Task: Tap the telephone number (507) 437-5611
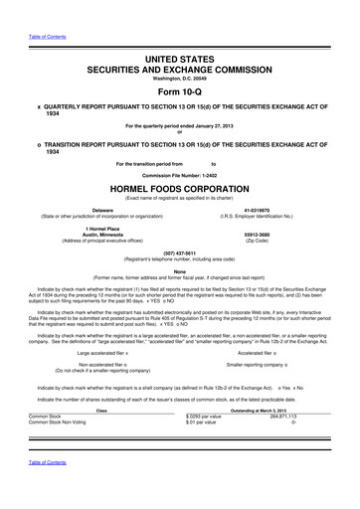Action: (179, 252)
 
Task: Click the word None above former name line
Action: (179, 269)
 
